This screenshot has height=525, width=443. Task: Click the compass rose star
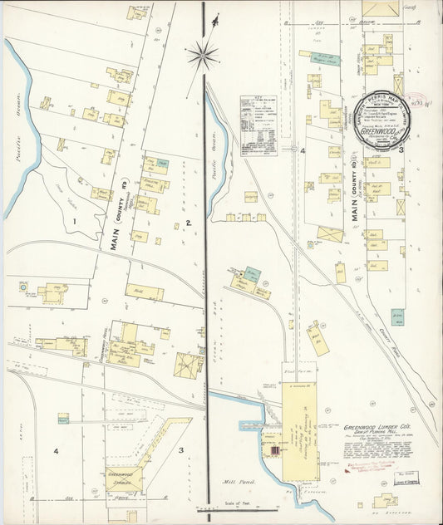click(202, 56)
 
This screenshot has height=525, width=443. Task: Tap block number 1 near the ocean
click(74, 221)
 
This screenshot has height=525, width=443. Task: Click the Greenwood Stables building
click(124, 480)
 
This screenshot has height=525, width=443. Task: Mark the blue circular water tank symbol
click(24, 287)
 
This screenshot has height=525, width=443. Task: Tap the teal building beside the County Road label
click(399, 316)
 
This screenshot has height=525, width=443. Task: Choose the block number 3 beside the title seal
click(401, 150)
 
